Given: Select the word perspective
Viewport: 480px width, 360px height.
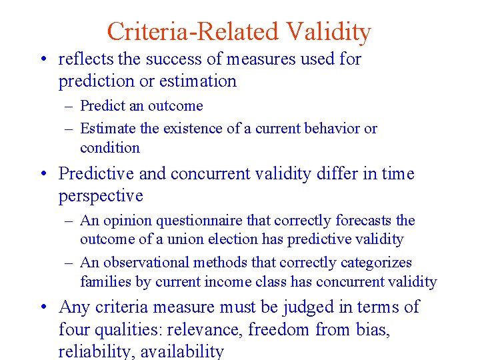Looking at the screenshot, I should [101, 196].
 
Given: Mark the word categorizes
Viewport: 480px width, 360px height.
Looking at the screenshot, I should [375, 263].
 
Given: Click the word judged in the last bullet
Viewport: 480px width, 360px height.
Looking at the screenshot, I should [289, 307].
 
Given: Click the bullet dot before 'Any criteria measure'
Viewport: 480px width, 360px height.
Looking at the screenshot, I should [43, 307].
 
